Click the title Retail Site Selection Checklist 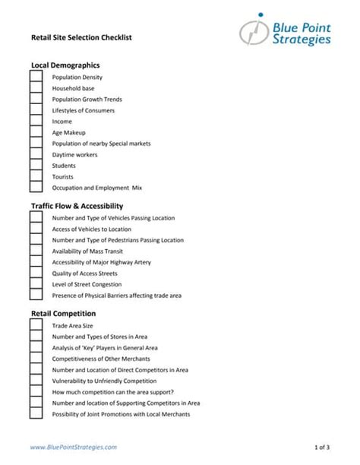[x=75, y=36]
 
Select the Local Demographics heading [x=65, y=65]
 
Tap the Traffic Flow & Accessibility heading [x=77, y=206]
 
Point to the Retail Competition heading [x=63, y=313]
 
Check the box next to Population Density [x=36, y=77]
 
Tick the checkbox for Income [x=36, y=121]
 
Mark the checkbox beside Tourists [x=36, y=176]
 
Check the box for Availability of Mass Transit [x=36, y=251]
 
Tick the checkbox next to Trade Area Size [x=36, y=325]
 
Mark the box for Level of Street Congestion [x=36, y=284]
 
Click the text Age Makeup [x=69, y=132]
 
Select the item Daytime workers [x=74, y=154]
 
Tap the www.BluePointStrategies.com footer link [x=74, y=448]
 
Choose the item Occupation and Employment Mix [x=97, y=188]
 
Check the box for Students [x=36, y=165]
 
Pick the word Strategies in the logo [x=302, y=40]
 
